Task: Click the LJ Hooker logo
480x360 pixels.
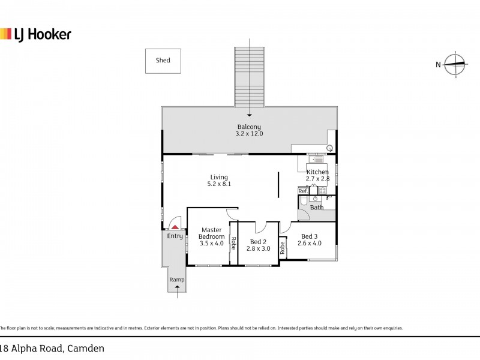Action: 35,34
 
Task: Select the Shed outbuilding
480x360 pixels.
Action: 163,61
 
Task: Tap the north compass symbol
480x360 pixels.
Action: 454,64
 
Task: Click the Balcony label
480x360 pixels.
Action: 249,127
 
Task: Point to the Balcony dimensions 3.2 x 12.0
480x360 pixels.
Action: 249,133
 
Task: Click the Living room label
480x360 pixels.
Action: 219,177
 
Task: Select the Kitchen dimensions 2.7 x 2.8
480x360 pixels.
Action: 318,179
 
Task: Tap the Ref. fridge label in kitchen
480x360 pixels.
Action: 303,191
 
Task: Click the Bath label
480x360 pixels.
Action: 317,207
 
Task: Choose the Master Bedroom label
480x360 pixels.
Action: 212,233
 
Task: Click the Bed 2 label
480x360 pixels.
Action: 258,242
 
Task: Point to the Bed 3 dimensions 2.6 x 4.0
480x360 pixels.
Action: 310,243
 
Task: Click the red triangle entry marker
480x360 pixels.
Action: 175,227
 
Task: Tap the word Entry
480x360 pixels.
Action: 175,236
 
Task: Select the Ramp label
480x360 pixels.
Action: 177,280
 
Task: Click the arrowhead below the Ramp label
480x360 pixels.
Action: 177,287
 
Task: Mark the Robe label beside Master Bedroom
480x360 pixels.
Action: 233,244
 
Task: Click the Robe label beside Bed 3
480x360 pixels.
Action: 282,248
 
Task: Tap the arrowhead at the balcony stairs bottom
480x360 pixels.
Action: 250,115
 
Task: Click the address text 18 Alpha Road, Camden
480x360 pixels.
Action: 52,349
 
